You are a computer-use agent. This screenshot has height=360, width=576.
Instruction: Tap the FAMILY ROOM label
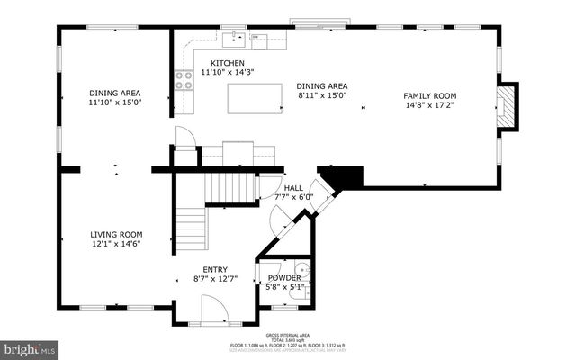429,96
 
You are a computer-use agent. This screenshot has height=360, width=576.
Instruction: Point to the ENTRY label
214,269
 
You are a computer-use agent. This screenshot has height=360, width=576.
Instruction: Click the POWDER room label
283,278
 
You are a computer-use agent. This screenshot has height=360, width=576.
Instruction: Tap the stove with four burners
185,81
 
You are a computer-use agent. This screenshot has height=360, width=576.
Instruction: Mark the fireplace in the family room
508,106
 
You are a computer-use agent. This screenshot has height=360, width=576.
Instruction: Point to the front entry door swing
214,311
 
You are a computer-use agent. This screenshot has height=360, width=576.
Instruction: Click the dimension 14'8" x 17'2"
429,106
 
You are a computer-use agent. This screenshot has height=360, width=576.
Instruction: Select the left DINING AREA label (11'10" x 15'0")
115,93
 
